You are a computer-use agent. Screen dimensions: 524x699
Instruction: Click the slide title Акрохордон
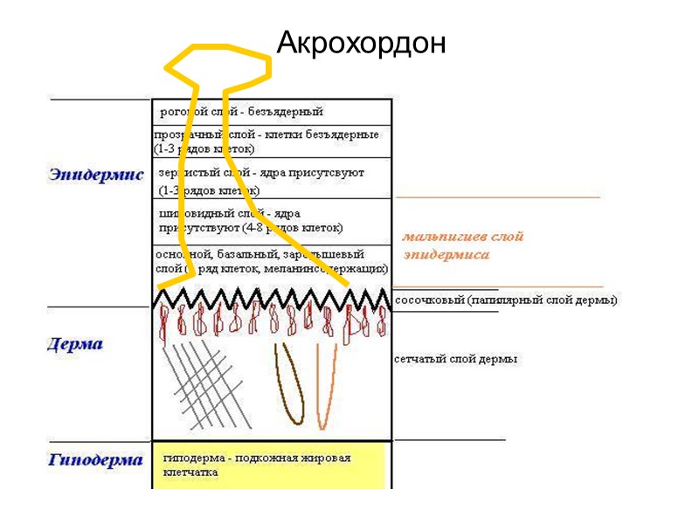[x=361, y=41]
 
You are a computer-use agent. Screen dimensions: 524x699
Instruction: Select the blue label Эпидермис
[x=96, y=176]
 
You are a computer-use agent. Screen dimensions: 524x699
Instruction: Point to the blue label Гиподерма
[x=95, y=460]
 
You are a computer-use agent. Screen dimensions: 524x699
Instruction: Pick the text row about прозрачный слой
[x=266, y=141]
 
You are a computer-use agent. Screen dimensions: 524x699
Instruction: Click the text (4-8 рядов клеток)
[x=295, y=228]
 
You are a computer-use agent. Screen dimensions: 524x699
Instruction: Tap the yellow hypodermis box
[x=271, y=465]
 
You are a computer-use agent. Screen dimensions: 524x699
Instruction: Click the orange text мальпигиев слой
[x=462, y=237]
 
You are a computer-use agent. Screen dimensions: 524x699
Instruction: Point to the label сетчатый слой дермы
[x=455, y=359]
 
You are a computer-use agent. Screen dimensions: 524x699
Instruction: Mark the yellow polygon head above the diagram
[x=218, y=65]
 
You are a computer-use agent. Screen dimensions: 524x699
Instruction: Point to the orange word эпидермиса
[x=446, y=255]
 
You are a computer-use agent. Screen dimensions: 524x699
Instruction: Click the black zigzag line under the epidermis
[x=271, y=299]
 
